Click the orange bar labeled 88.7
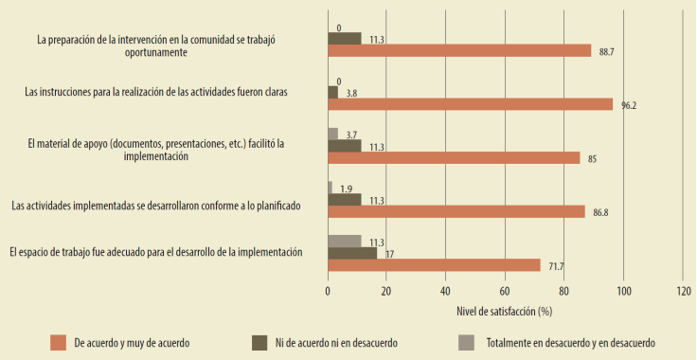pyautogui.click(x=459, y=51)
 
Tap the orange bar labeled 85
pyautogui.click(x=454, y=158)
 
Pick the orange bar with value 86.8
pyautogui.click(x=456, y=211)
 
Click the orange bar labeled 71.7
pyautogui.click(x=434, y=265)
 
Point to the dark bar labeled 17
pyautogui.click(x=352, y=253)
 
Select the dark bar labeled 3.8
pyautogui.click(x=333, y=92)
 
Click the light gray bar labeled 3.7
pyautogui.click(x=333, y=134)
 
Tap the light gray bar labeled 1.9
pyautogui.click(x=331, y=188)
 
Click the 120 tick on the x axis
pyautogui.click(x=682, y=292)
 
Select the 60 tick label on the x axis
pyautogui.click(x=505, y=292)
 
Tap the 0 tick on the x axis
pyautogui.click(x=328, y=292)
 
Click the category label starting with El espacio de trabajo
pyautogui.click(x=155, y=252)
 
